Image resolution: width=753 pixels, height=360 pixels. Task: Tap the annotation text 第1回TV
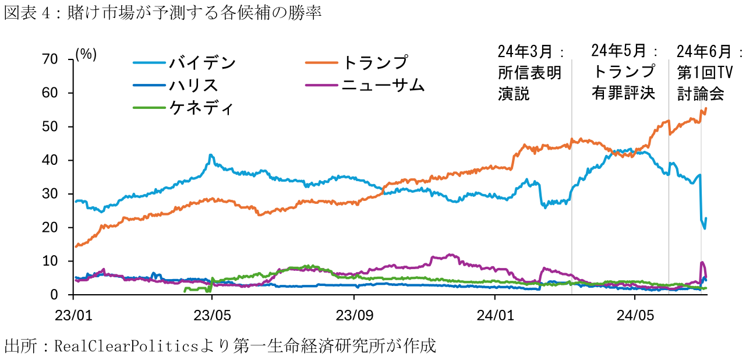click(x=704, y=73)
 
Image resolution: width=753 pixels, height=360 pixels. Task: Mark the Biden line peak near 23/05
click(x=210, y=155)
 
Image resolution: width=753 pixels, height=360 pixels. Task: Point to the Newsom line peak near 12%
click(x=449, y=255)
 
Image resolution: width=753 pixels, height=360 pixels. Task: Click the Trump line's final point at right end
click(x=706, y=108)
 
